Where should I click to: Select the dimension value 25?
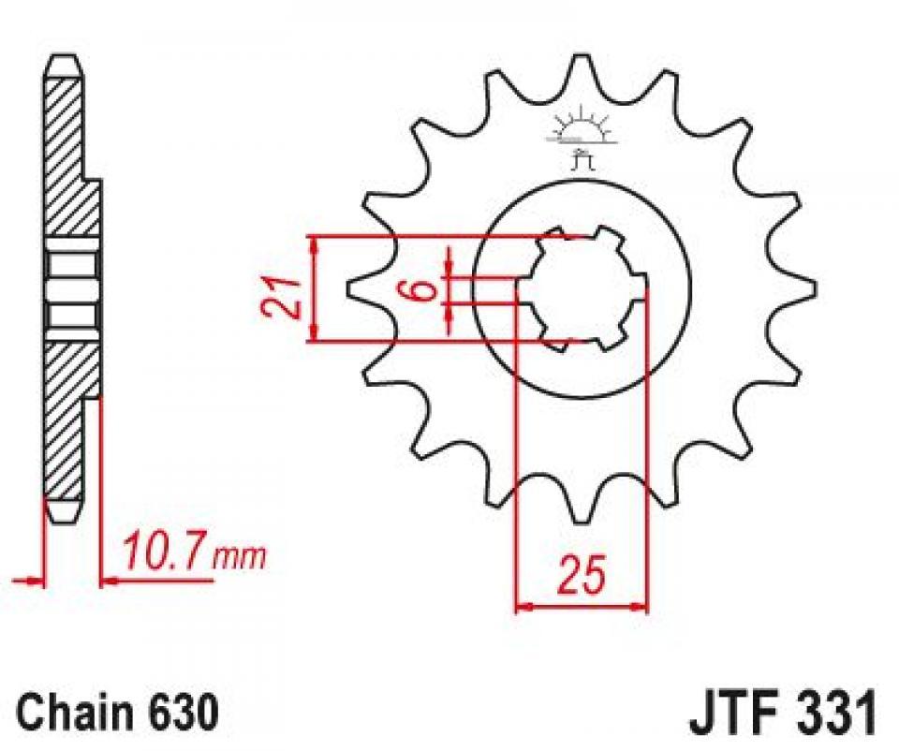581,574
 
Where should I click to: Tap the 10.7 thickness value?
163,554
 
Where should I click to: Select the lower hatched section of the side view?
66,412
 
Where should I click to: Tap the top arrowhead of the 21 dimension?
316,244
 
